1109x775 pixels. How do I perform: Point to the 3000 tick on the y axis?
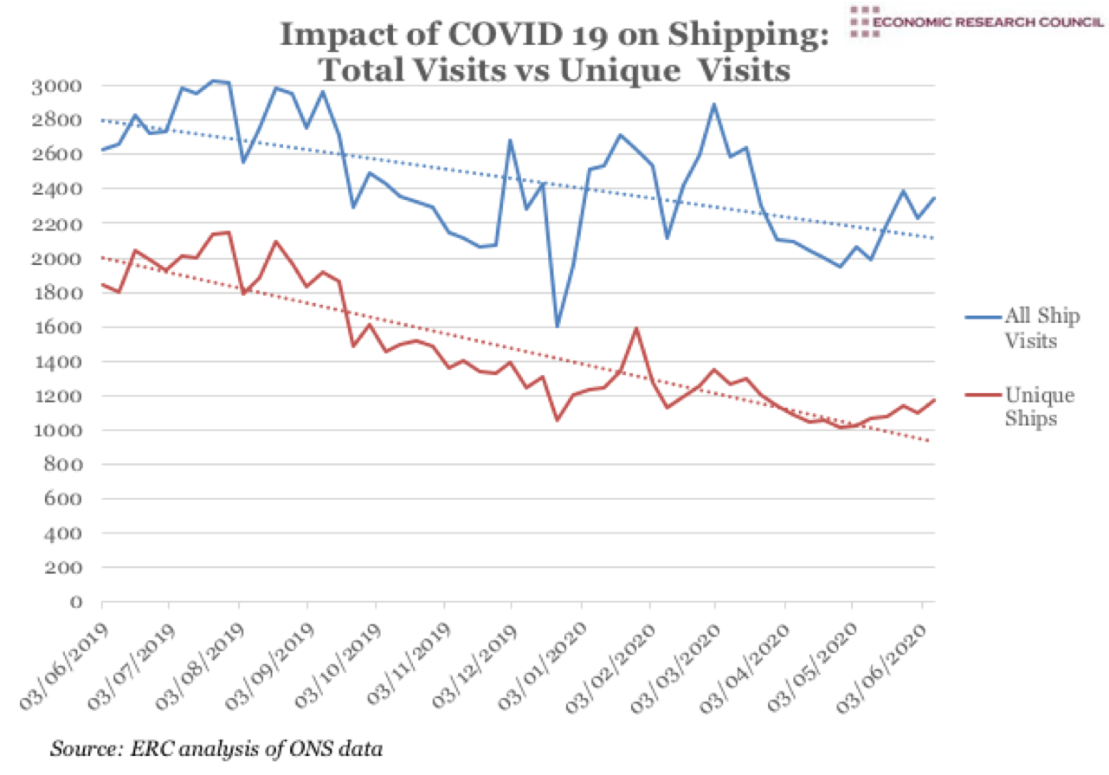57,86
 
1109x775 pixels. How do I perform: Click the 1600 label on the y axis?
57,327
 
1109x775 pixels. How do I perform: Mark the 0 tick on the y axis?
75,603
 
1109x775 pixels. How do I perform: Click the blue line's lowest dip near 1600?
557,326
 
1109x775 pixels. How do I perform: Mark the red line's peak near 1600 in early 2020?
636,328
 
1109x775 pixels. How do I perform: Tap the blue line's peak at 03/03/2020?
714,105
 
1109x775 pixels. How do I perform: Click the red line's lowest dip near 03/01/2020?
557,420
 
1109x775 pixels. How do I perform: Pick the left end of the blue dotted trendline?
103,120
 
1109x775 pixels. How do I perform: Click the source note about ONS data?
216,746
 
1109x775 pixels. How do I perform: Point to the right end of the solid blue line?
934,197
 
